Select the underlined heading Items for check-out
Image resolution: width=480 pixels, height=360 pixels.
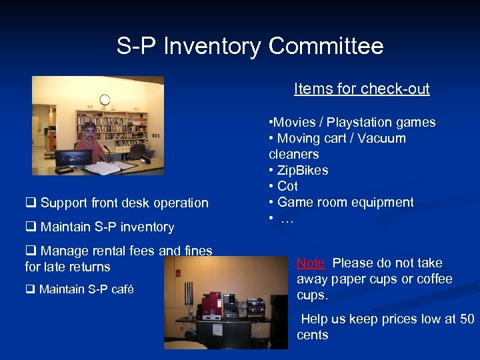pos(361,89)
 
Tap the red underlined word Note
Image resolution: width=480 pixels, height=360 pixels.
pos(311,263)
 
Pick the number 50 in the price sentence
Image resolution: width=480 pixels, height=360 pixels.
pos(467,319)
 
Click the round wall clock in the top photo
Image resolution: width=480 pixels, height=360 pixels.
pos(104,100)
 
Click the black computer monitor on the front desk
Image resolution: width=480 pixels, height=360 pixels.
pos(73,159)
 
